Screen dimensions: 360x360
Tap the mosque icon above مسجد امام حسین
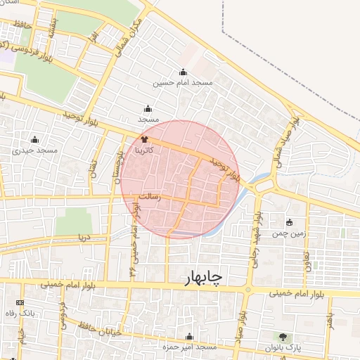184,72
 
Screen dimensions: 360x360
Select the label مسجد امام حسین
184,83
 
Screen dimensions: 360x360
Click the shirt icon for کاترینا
145,140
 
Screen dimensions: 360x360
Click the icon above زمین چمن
289,223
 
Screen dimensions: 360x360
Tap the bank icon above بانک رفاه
19,302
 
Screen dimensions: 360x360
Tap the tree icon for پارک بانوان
283,337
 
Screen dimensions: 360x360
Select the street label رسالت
150,198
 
